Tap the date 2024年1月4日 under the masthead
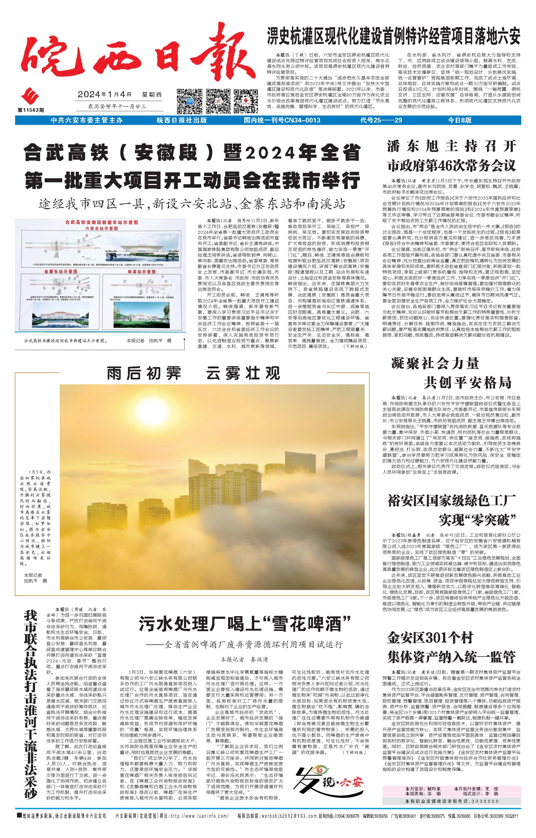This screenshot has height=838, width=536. pos(105,94)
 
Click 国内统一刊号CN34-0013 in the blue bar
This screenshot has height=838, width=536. pos(282,120)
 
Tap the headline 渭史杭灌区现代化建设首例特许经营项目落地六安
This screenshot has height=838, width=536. pos(393,36)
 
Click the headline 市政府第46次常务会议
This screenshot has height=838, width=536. pos(451,165)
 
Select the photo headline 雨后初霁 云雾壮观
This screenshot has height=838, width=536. pos(193,374)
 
